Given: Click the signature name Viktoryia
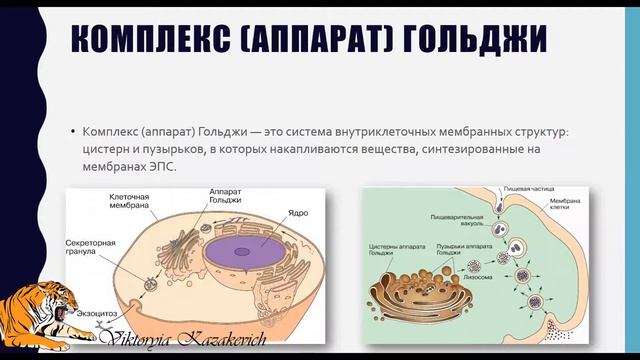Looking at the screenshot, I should (136, 341).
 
